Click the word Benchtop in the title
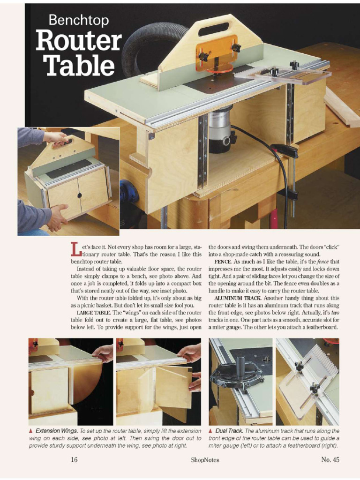coord(79,20)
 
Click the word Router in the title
coord(79,41)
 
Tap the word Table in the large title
coord(80,66)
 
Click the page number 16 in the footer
coord(74,460)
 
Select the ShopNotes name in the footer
coord(205,460)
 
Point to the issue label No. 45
coord(330,460)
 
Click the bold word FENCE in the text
coord(223,262)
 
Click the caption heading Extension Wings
coord(56,431)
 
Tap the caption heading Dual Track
coord(228,431)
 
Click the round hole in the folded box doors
coord(79,195)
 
